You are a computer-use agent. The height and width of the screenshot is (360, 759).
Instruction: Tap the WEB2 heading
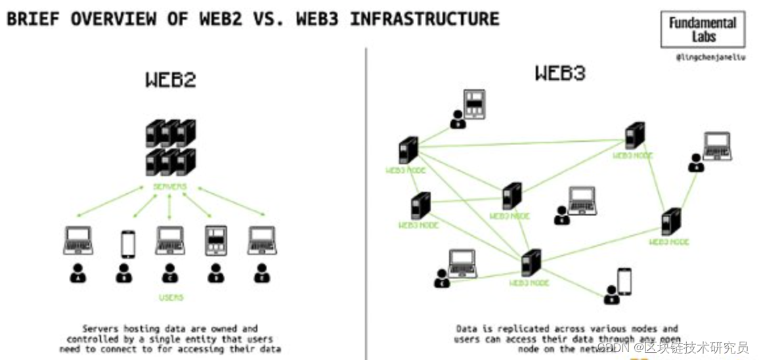(x=171, y=80)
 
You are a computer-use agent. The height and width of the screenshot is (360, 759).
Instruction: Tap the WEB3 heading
(x=559, y=73)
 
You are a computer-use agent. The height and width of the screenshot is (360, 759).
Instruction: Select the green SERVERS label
(x=170, y=187)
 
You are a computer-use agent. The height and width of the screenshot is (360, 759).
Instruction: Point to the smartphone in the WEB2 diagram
(x=128, y=244)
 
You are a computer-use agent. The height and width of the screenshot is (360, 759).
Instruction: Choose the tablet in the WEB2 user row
(x=216, y=241)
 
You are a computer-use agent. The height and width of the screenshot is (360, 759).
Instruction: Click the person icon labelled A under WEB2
(x=78, y=273)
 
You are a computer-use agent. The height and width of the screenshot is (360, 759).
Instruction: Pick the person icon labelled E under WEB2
(x=262, y=273)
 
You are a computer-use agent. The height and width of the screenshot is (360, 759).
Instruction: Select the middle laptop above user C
(x=170, y=241)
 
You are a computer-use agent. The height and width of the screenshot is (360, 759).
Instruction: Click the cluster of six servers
(x=170, y=147)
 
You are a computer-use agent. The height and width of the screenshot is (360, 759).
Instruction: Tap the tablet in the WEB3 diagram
(x=474, y=104)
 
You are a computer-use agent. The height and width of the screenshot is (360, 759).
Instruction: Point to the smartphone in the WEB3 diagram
(x=624, y=281)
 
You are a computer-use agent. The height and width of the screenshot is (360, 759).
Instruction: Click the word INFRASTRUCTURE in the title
(x=424, y=18)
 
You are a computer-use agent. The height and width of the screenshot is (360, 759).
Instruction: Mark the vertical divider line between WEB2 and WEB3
(x=366, y=197)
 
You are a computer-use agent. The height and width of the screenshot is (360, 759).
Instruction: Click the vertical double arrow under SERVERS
(x=170, y=207)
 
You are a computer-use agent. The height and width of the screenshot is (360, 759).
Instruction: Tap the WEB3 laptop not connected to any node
(x=582, y=201)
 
